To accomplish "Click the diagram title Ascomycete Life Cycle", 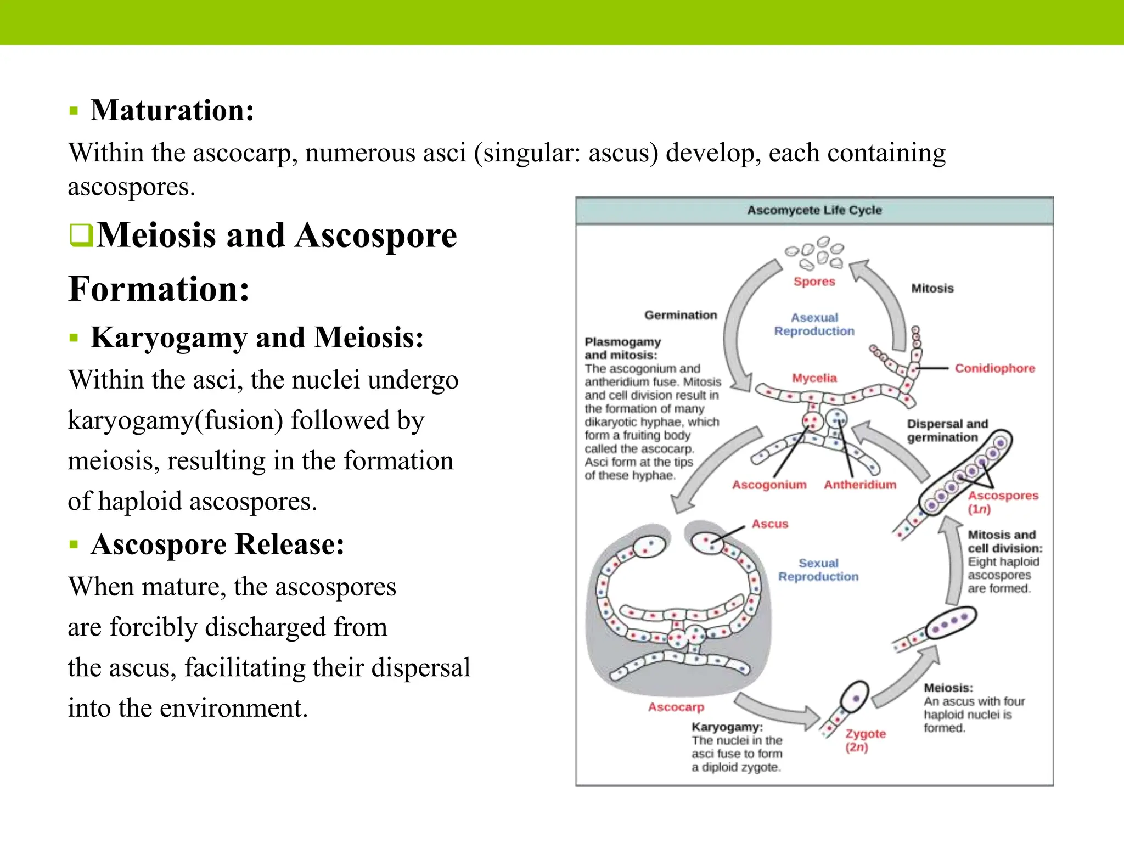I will click(x=814, y=210).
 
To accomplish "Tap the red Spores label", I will click(x=814, y=282).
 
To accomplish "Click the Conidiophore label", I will click(x=994, y=368).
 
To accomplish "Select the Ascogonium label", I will click(x=769, y=485).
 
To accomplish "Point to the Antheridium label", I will click(x=859, y=485).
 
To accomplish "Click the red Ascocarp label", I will click(x=676, y=707).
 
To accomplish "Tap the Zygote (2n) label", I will click(x=865, y=740).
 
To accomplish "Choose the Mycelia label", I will click(x=814, y=378).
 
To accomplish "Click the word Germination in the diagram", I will click(x=681, y=315).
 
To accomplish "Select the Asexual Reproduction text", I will click(x=814, y=324).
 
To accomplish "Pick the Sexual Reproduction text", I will click(x=818, y=570).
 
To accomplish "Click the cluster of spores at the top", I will click(x=815, y=253).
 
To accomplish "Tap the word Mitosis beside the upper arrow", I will click(x=932, y=289).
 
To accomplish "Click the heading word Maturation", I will click(x=172, y=110).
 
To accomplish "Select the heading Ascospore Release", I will click(x=217, y=544).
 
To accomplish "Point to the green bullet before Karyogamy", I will click(x=74, y=338).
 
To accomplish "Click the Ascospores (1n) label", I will click(x=1002, y=502).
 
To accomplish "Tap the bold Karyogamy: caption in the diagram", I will click(x=727, y=727).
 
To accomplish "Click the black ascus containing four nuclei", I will click(x=950, y=622).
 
